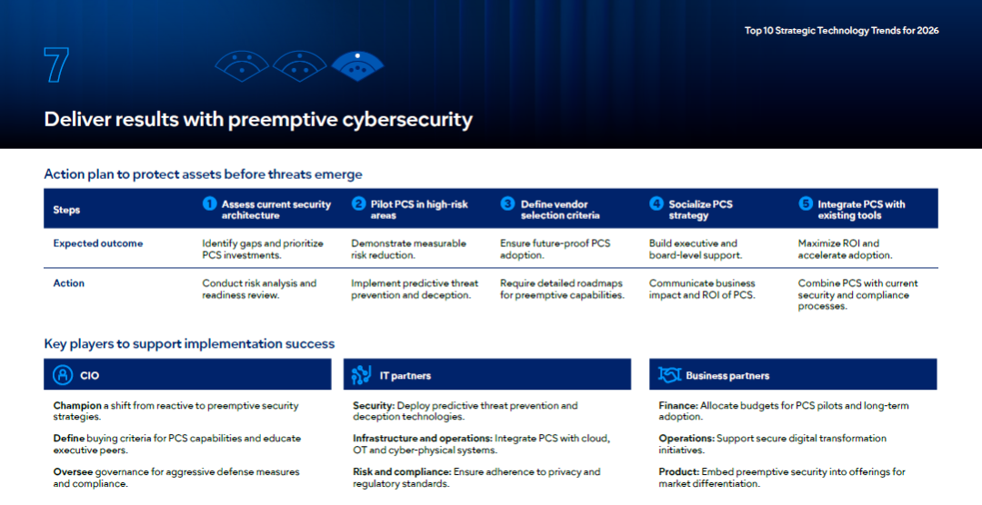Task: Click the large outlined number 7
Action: (56, 65)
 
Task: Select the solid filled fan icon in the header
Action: (357, 66)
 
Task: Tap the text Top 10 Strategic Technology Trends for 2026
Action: (841, 30)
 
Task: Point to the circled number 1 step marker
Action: (209, 204)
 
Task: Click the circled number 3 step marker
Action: (507, 204)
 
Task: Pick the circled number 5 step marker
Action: (806, 204)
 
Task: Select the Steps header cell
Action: (66, 210)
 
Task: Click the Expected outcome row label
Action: (97, 243)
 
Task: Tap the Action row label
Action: (68, 282)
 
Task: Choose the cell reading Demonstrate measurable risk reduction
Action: (408, 249)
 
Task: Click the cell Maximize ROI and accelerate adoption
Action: (845, 249)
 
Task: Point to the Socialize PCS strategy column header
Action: (700, 210)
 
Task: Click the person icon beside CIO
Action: (63, 375)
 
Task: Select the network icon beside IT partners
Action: (361, 375)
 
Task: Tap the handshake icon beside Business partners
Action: (669, 375)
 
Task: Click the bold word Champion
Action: (77, 405)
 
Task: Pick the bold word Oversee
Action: (73, 471)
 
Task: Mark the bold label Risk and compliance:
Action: (402, 471)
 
